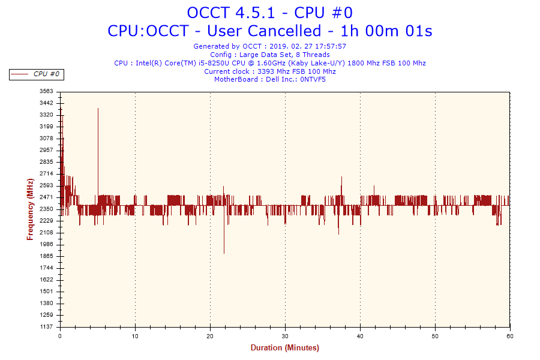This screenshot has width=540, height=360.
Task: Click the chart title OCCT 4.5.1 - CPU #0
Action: click(269, 13)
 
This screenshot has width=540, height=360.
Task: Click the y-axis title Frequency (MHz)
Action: click(30, 209)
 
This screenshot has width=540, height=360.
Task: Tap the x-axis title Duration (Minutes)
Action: click(284, 348)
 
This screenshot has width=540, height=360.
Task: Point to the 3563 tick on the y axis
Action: click(46, 91)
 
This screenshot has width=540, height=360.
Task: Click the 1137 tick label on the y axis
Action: click(46, 326)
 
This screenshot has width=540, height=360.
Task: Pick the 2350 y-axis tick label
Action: click(46, 209)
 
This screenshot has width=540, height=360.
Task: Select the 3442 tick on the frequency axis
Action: click(46, 103)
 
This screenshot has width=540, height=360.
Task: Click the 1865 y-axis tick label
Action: click(46, 256)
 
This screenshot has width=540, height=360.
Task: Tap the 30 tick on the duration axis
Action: click(285, 336)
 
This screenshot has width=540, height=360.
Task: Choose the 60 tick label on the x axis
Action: click(510, 336)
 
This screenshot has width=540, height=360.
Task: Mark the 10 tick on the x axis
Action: click(135, 336)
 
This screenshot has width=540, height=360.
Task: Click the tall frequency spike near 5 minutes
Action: click(98, 109)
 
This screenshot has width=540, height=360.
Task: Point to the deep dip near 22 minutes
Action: click(224, 252)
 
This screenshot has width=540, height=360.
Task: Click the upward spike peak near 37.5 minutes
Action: click(341, 178)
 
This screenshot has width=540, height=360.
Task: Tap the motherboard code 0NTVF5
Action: click(313, 80)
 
